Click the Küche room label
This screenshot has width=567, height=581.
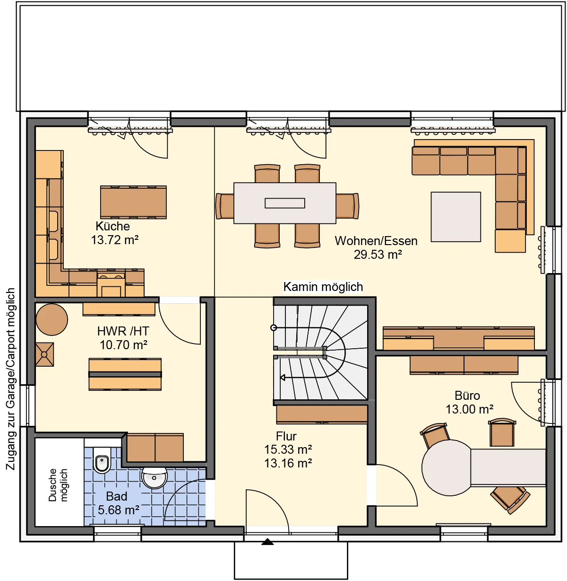(112, 226)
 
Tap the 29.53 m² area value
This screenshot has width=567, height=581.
(378, 255)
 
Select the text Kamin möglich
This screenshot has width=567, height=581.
(323, 287)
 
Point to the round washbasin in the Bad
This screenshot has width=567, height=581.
(155, 476)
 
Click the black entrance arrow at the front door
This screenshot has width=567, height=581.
(267, 542)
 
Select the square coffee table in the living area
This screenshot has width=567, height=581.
(455, 217)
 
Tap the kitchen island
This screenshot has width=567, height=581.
(134, 202)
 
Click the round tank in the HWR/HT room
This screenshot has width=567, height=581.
(52, 319)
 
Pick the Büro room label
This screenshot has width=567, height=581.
(467, 396)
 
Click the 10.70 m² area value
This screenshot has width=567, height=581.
(123, 345)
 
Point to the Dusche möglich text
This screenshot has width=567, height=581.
(58, 485)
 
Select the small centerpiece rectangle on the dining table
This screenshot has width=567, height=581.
(285, 203)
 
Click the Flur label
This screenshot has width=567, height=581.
(286, 436)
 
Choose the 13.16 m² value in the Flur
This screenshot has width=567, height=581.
(288, 463)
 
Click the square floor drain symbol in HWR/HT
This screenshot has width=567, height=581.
(44, 354)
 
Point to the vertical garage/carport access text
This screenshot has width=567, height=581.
(11, 379)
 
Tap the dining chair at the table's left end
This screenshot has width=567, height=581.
(225, 206)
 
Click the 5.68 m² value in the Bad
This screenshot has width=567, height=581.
(118, 510)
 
